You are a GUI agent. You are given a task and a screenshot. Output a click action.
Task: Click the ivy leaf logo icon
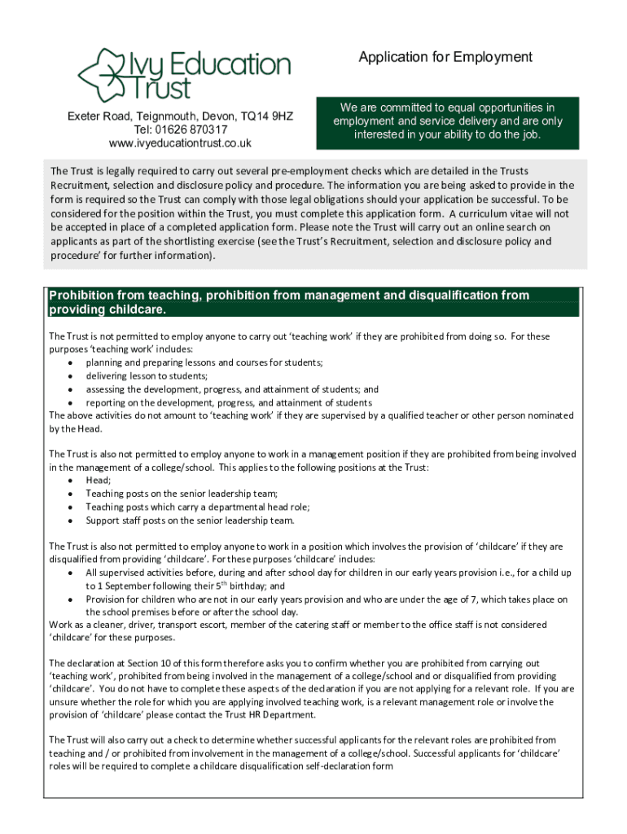(x=100, y=73)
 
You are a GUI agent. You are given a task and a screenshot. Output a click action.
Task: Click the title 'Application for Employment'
(x=445, y=57)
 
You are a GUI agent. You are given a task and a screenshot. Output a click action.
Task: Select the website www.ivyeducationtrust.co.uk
(x=180, y=143)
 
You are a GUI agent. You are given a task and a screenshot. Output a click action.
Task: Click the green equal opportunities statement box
(x=447, y=121)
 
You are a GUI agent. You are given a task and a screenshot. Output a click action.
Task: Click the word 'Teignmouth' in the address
(x=169, y=116)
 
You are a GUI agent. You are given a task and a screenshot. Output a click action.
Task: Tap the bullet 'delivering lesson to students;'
(x=147, y=376)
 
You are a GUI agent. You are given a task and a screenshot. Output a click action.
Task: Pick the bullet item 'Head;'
(x=99, y=481)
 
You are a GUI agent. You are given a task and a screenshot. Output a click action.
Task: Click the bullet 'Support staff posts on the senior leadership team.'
(x=191, y=520)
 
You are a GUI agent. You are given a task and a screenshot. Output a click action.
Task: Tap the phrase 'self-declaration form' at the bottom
(x=348, y=766)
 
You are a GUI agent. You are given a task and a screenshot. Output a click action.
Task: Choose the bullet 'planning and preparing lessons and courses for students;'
(x=204, y=362)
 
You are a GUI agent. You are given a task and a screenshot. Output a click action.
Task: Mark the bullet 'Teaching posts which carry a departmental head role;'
(x=197, y=507)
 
